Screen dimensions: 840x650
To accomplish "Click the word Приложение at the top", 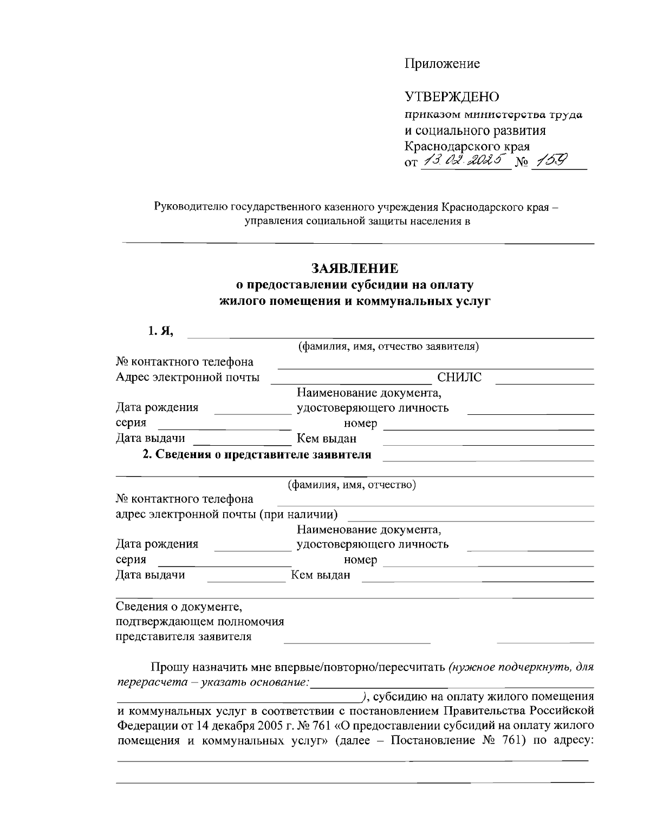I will [x=441, y=64].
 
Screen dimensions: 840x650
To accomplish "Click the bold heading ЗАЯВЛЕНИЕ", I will [x=355, y=269].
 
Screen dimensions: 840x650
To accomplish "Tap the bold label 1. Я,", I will [x=161, y=331].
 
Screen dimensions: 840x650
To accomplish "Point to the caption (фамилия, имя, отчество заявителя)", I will [x=388, y=346].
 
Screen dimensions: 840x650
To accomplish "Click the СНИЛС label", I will [x=459, y=377].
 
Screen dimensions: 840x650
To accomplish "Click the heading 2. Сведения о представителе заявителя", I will [x=257, y=454].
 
